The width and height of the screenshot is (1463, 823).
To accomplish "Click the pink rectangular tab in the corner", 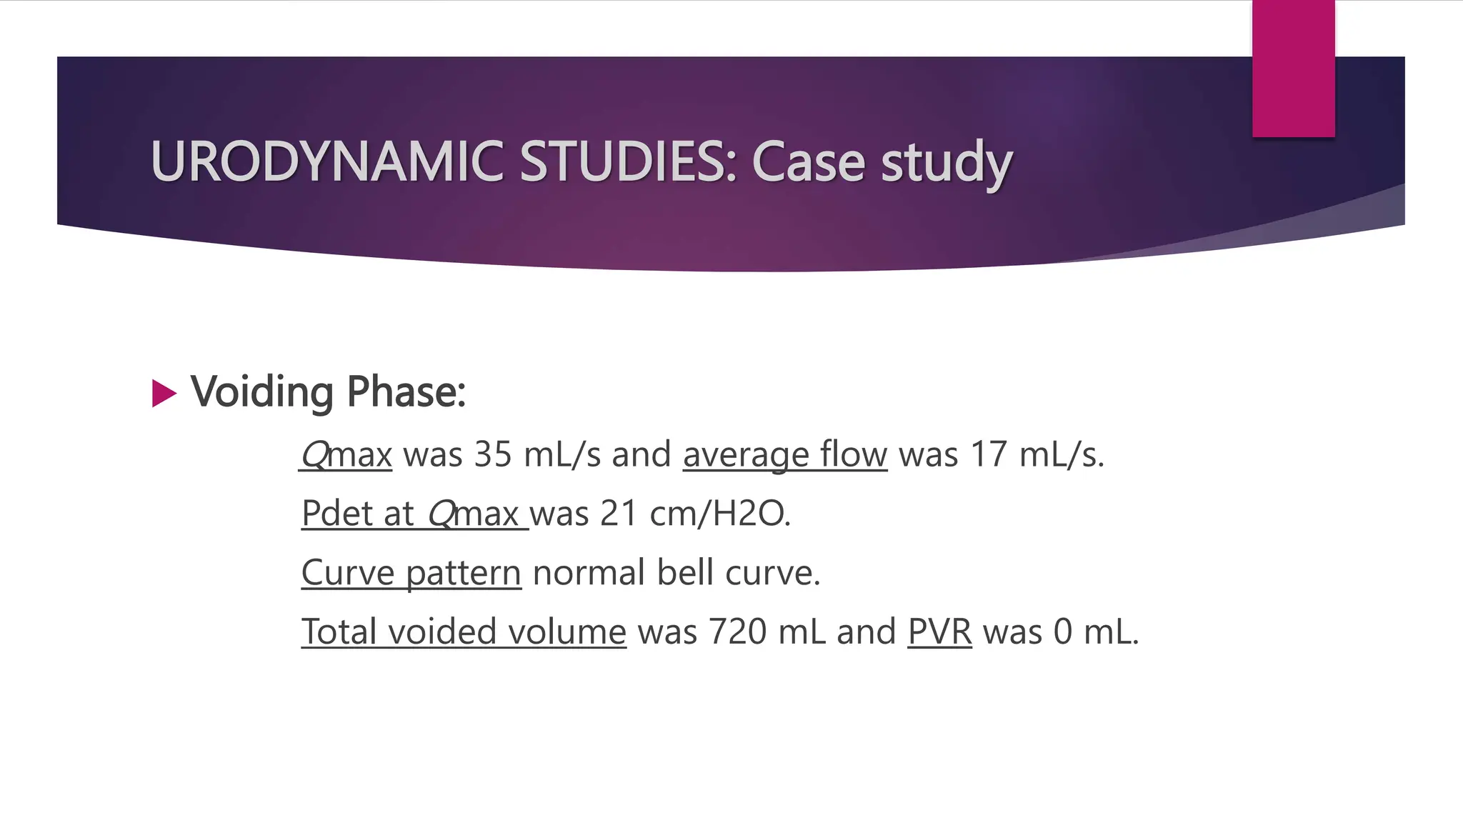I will click(x=1293, y=69).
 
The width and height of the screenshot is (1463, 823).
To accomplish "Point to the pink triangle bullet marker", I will click(x=164, y=394).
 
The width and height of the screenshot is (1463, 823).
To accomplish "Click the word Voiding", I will click(x=261, y=392).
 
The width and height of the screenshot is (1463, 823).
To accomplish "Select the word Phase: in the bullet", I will click(x=406, y=392).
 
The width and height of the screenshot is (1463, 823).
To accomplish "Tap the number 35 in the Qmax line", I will click(x=493, y=454).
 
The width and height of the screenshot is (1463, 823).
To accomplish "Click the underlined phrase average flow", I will click(x=784, y=454).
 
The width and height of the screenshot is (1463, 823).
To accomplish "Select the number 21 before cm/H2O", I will click(x=619, y=513).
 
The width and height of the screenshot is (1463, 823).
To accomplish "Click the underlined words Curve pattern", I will click(x=411, y=573).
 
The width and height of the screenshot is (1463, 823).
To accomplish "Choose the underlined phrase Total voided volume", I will click(x=463, y=632).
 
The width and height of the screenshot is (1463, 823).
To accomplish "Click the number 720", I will click(x=737, y=632).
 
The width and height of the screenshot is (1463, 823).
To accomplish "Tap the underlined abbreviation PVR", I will click(x=939, y=632).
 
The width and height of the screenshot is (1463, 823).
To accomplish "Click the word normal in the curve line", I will click(x=589, y=573).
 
